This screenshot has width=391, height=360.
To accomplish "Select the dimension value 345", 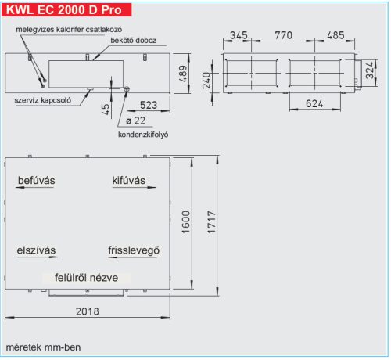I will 239,36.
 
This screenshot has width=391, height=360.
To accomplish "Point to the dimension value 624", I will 315,103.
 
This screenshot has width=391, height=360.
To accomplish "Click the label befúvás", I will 36,180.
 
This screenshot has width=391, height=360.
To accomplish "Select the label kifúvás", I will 129,180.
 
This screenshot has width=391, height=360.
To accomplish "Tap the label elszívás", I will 36,250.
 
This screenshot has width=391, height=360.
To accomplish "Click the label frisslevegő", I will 134,250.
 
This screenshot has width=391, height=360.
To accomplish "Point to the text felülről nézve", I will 86,277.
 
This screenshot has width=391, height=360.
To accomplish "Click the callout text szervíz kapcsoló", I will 45,101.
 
